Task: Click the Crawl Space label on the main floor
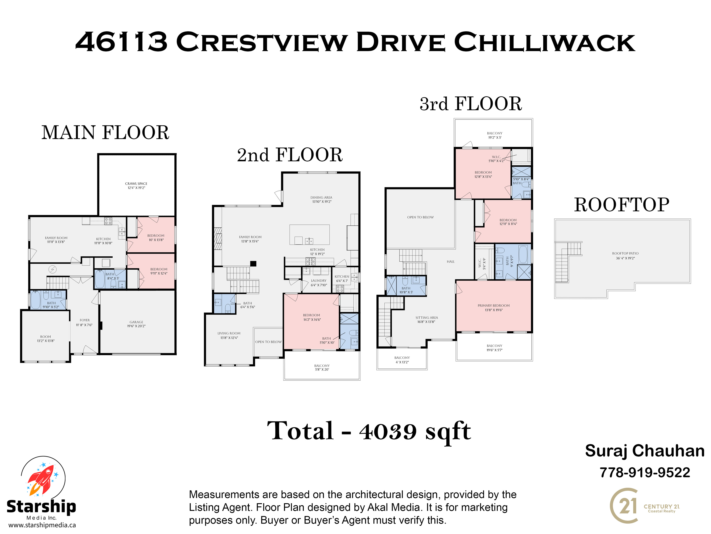(x=136, y=184)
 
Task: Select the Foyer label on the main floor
(x=85, y=320)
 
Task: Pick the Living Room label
(x=229, y=333)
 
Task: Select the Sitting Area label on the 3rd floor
(x=427, y=318)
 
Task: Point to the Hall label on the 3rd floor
(x=451, y=262)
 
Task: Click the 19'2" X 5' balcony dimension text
(x=495, y=137)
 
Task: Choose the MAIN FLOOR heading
(x=105, y=133)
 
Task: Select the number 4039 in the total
(x=388, y=431)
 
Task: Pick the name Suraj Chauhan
(x=645, y=451)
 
